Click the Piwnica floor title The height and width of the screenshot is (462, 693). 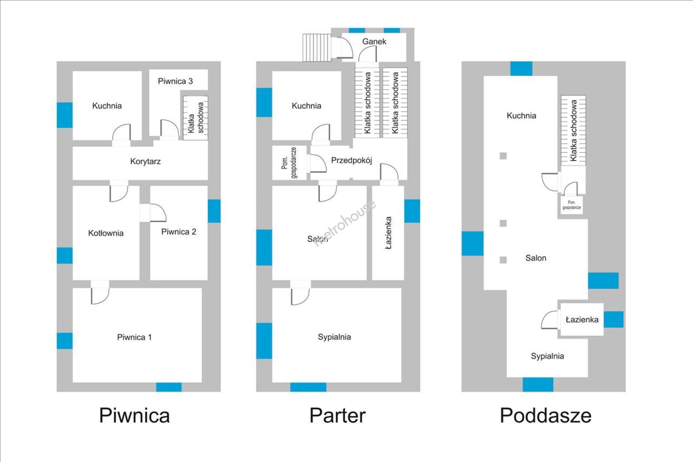pyautogui.click(x=134, y=415)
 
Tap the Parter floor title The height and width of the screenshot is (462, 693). pyautogui.click(x=337, y=415)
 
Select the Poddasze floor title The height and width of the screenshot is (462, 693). pyautogui.click(x=545, y=415)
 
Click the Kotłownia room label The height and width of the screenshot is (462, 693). pyautogui.click(x=106, y=233)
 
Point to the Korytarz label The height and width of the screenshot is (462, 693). pyautogui.click(x=145, y=161)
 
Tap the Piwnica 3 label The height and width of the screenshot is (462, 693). pyautogui.click(x=175, y=81)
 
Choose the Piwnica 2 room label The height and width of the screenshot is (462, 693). pyautogui.click(x=178, y=232)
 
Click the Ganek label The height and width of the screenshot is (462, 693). pyautogui.click(x=374, y=41)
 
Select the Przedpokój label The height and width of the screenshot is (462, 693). pyautogui.click(x=352, y=160)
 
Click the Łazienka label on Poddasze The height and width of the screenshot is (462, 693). pyautogui.click(x=582, y=320)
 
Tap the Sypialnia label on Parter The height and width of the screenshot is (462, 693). pyautogui.click(x=335, y=337)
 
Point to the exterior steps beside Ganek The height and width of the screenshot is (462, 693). pyautogui.click(x=317, y=47)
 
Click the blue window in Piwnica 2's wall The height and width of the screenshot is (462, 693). pyautogui.click(x=214, y=211)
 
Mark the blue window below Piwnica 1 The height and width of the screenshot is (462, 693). pyautogui.click(x=169, y=387)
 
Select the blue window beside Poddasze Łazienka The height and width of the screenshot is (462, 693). pyautogui.click(x=613, y=320)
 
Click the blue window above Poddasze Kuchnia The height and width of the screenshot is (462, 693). pyautogui.click(x=521, y=68)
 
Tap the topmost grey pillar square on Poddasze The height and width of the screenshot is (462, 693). pyautogui.click(x=503, y=156)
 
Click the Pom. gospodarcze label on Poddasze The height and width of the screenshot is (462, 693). pyautogui.click(x=572, y=205)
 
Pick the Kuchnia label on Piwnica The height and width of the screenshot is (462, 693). pyautogui.click(x=107, y=106)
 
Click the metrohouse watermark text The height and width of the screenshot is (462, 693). pyautogui.click(x=345, y=223)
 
